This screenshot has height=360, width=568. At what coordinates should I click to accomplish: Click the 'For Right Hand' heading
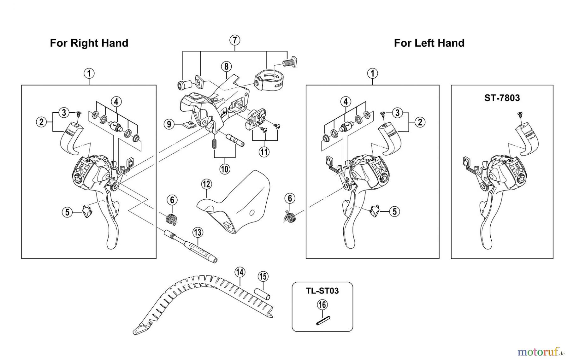(89, 43)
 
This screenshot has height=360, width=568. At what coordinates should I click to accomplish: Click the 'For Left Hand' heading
(429, 43)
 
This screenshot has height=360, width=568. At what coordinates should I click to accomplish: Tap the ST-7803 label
(502, 98)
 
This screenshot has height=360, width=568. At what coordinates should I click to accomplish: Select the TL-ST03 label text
(322, 291)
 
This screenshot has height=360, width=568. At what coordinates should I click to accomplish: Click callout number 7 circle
(234, 40)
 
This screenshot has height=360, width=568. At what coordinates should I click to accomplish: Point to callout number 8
(226, 67)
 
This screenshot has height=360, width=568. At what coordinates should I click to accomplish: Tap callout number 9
(169, 124)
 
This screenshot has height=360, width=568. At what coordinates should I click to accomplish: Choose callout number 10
(224, 169)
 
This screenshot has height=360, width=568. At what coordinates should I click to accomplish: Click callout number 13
(198, 233)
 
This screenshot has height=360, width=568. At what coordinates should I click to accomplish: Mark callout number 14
(240, 272)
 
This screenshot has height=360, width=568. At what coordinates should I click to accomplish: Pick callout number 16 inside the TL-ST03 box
(322, 305)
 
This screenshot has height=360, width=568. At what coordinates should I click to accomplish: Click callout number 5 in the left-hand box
(394, 211)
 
